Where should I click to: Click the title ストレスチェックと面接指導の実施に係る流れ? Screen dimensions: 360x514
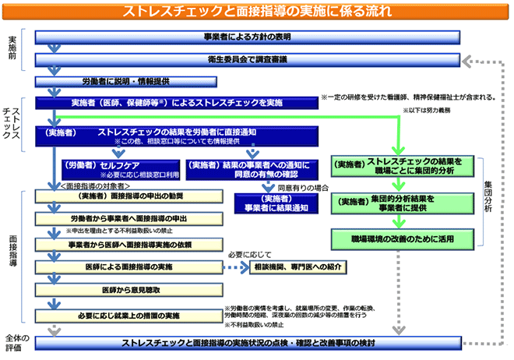pyautogui.click(x=257, y=12)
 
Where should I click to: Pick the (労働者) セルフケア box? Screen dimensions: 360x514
pyautogui.click(x=118, y=168)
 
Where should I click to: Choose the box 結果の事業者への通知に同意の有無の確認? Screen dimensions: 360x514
pyautogui.click(x=248, y=168)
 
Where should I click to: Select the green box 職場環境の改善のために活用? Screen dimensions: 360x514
pyautogui.click(x=403, y=235)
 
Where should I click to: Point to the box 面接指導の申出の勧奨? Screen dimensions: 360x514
pyautogui.click(x=125, y=196)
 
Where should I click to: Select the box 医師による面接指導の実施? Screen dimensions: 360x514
pyautogui.click(x=125, y=267)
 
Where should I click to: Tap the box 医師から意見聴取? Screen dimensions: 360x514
pyautogui.click(x=125, y=290)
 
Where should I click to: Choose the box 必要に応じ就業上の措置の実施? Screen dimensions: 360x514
pyautogui.click(x=125, y=316)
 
